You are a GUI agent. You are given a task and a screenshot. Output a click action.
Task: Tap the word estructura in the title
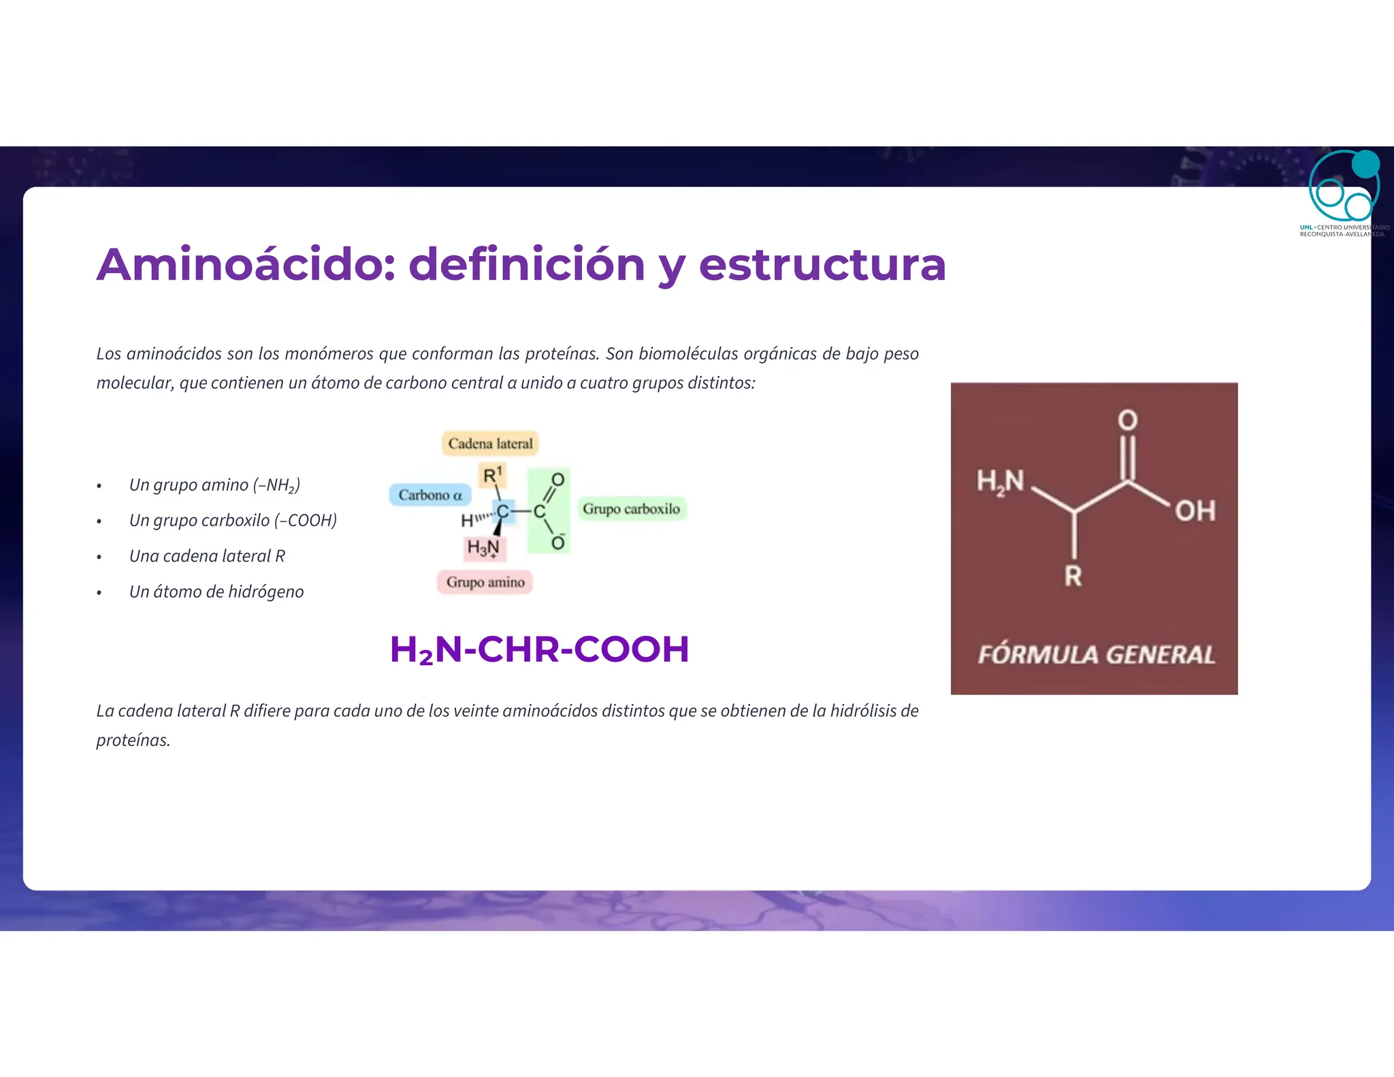[x=822, y=264]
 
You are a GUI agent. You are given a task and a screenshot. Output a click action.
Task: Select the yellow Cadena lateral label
[x=490, y=443]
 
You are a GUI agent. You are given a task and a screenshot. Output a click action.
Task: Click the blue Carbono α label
[x=430, y=495]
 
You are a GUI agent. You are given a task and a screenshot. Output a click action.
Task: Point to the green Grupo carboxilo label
[x=631, y=509]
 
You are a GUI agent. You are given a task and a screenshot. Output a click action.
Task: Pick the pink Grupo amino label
[x=485, y=582]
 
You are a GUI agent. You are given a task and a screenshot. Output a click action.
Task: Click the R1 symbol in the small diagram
[x=492, y=475]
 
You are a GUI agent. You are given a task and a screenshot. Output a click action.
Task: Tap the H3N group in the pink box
[x=483, y=547]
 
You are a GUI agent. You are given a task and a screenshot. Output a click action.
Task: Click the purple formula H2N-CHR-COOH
[x=539, y=649]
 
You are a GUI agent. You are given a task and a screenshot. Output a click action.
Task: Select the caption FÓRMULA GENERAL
[x=1096, y=654]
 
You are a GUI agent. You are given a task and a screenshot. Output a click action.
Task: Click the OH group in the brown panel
[x=1195, y=511]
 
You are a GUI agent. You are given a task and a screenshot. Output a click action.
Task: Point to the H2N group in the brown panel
[x=1000, y=481]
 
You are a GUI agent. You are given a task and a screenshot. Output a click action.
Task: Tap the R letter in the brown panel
[x=1073, y=576]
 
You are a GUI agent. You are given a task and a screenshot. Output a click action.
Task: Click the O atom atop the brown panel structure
[x=1128, y=419]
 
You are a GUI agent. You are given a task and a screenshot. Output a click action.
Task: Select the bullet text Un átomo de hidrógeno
[x=216, y=592]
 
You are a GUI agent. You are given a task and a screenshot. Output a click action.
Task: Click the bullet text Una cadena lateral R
[x=207, y=556]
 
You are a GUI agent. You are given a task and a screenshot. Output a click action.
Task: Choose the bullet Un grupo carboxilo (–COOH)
[x=233, y=520]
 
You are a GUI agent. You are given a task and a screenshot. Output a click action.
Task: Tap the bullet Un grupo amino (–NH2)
[x=214, y=485]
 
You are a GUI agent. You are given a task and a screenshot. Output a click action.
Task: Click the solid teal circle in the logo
[x=1365, y=164]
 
